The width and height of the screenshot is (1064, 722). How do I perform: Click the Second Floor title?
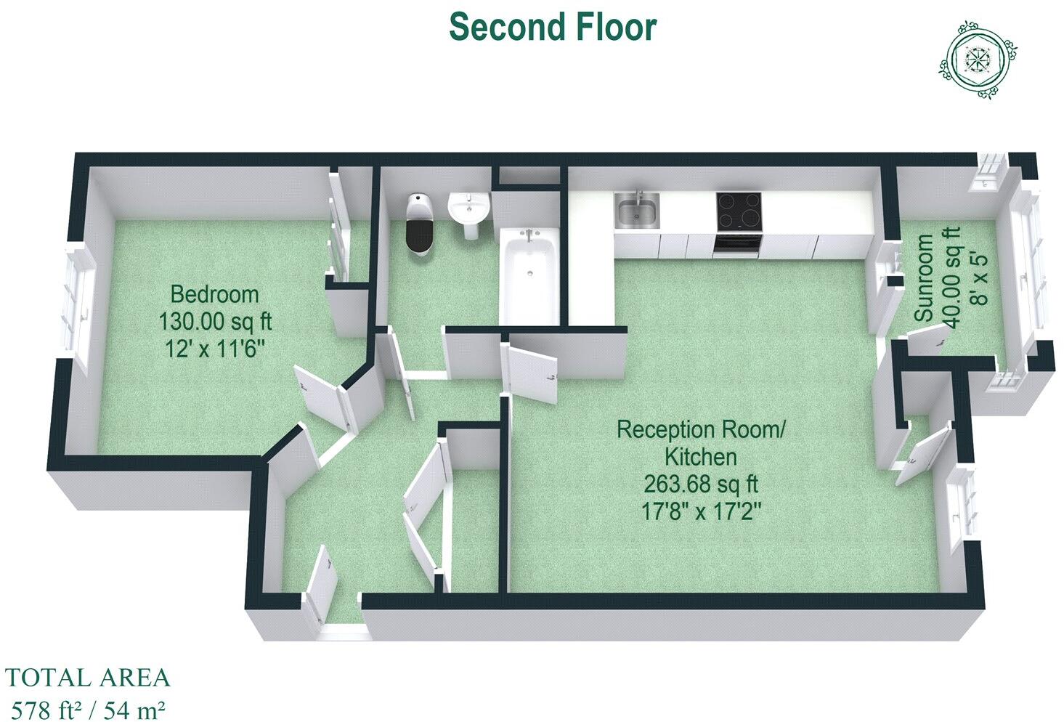pos(553,27)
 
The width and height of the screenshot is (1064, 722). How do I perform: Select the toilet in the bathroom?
pos(420,225)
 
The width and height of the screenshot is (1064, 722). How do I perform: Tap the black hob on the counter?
pos(739,211)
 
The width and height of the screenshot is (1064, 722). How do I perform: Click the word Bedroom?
pos(214,294)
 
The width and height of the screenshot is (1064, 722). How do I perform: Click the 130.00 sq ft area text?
pos(215,321)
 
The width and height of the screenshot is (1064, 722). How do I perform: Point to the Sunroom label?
pos(924,277)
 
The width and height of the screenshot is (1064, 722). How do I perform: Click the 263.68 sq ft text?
pos(701,484)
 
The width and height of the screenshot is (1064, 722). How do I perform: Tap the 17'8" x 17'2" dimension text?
pos(701,511)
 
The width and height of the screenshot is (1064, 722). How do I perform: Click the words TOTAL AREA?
pos(87,678)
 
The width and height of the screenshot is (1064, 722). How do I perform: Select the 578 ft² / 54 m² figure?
pos(86,708)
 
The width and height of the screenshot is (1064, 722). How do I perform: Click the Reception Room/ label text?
pos(701,429)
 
